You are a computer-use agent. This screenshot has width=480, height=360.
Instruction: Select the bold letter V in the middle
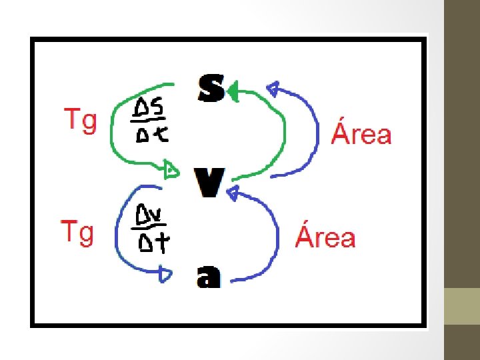(x=208, y=182)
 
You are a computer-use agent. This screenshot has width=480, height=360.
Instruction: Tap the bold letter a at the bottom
(x=208, y=276)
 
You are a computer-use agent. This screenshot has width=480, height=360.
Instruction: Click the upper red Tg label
(x=79, y=121)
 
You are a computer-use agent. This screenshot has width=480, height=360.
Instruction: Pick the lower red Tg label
(x=77, y=233)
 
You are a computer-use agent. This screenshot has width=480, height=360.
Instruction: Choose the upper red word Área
(x=361, y=133)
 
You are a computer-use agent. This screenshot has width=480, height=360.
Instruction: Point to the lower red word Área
(x=325, y=237)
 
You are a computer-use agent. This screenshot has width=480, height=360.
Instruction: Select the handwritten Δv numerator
(x=151, y=215)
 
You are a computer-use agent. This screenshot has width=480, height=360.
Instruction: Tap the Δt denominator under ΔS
(x=151, y=135)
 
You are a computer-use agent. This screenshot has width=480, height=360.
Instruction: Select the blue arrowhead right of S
(x=274, y=88)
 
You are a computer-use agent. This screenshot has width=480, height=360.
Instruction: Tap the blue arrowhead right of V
(x=233, y=193)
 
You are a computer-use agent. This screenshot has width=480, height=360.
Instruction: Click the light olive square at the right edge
(x=462, y=306)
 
